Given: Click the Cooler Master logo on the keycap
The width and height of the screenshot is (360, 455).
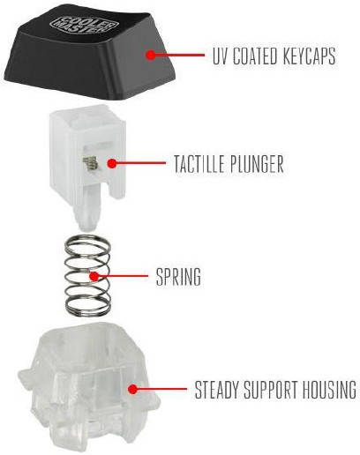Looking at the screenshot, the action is pyautogui.click(x=84, y=24).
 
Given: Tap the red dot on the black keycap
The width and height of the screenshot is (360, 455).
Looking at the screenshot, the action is pyautogui.click(x=151, y=55).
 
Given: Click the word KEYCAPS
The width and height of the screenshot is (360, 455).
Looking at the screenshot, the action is pyautogui.click(x=309, y=56).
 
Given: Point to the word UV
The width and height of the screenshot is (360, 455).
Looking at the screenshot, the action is pyautogui.click(x=221, y=56).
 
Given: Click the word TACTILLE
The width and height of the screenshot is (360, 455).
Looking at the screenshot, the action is pyautogui.click(x=199, y=164).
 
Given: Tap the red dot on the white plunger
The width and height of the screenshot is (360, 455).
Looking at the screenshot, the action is pyautogui.click(x=111, y=163).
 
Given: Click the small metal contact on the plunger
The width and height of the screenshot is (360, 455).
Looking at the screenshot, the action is pyautogui.click(x=90, y=163).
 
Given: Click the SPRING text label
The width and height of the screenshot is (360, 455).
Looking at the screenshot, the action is pyautogui.click(x=178, y=277).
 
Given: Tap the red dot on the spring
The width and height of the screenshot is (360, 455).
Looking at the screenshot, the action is pyautogui.click(x=94, y=276).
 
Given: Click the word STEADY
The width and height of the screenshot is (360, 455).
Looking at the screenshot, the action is pyautogui.click(x=217, y=390).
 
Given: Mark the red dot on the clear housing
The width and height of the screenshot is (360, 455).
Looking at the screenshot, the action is pyautogui.click(x=133, y=389).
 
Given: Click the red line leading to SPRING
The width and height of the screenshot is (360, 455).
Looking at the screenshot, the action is pyautogui.click(x=123, y=276).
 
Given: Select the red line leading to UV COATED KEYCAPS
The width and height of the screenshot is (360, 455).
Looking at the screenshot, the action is pyautogui.click(x=179, y=55).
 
